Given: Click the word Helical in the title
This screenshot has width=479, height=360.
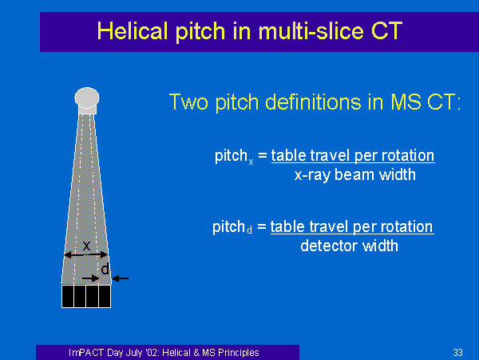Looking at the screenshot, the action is click(x=132, y=30).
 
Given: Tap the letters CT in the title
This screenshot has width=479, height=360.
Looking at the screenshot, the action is click(x=386, y=30).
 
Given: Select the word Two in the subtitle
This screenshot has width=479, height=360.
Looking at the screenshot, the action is click(x=188, y=102).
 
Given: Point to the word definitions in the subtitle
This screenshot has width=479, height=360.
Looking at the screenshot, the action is click(x=313, y=102).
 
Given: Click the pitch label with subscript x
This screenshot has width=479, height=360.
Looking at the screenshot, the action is click(x=234, y=157).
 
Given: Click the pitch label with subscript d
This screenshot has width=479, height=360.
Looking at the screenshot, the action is click(x=232, y=227).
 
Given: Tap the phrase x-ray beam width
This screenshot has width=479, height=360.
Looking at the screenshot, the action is click(x=355, y=174).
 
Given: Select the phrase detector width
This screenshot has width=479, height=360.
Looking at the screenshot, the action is click(x=349, y=246).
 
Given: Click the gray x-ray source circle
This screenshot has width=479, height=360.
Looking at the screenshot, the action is click(x=87, y=98).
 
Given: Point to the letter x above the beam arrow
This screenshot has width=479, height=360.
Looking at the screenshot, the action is click(x=86, y=246).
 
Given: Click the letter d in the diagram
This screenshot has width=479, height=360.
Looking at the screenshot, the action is click(x=105, y=269).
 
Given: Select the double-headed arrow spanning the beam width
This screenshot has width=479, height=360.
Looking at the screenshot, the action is click(x=86, y=254).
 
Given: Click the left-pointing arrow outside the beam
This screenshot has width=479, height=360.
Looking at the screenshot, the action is click(x=120, y=278).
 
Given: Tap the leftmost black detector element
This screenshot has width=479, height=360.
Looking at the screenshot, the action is click(x=68, y=296).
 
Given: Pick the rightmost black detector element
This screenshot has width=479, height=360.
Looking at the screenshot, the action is click(x=105, y=296).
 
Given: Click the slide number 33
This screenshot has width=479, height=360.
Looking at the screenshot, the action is click(x=457, y=353).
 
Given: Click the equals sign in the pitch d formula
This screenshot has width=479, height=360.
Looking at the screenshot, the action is click(x=262, y=227).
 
